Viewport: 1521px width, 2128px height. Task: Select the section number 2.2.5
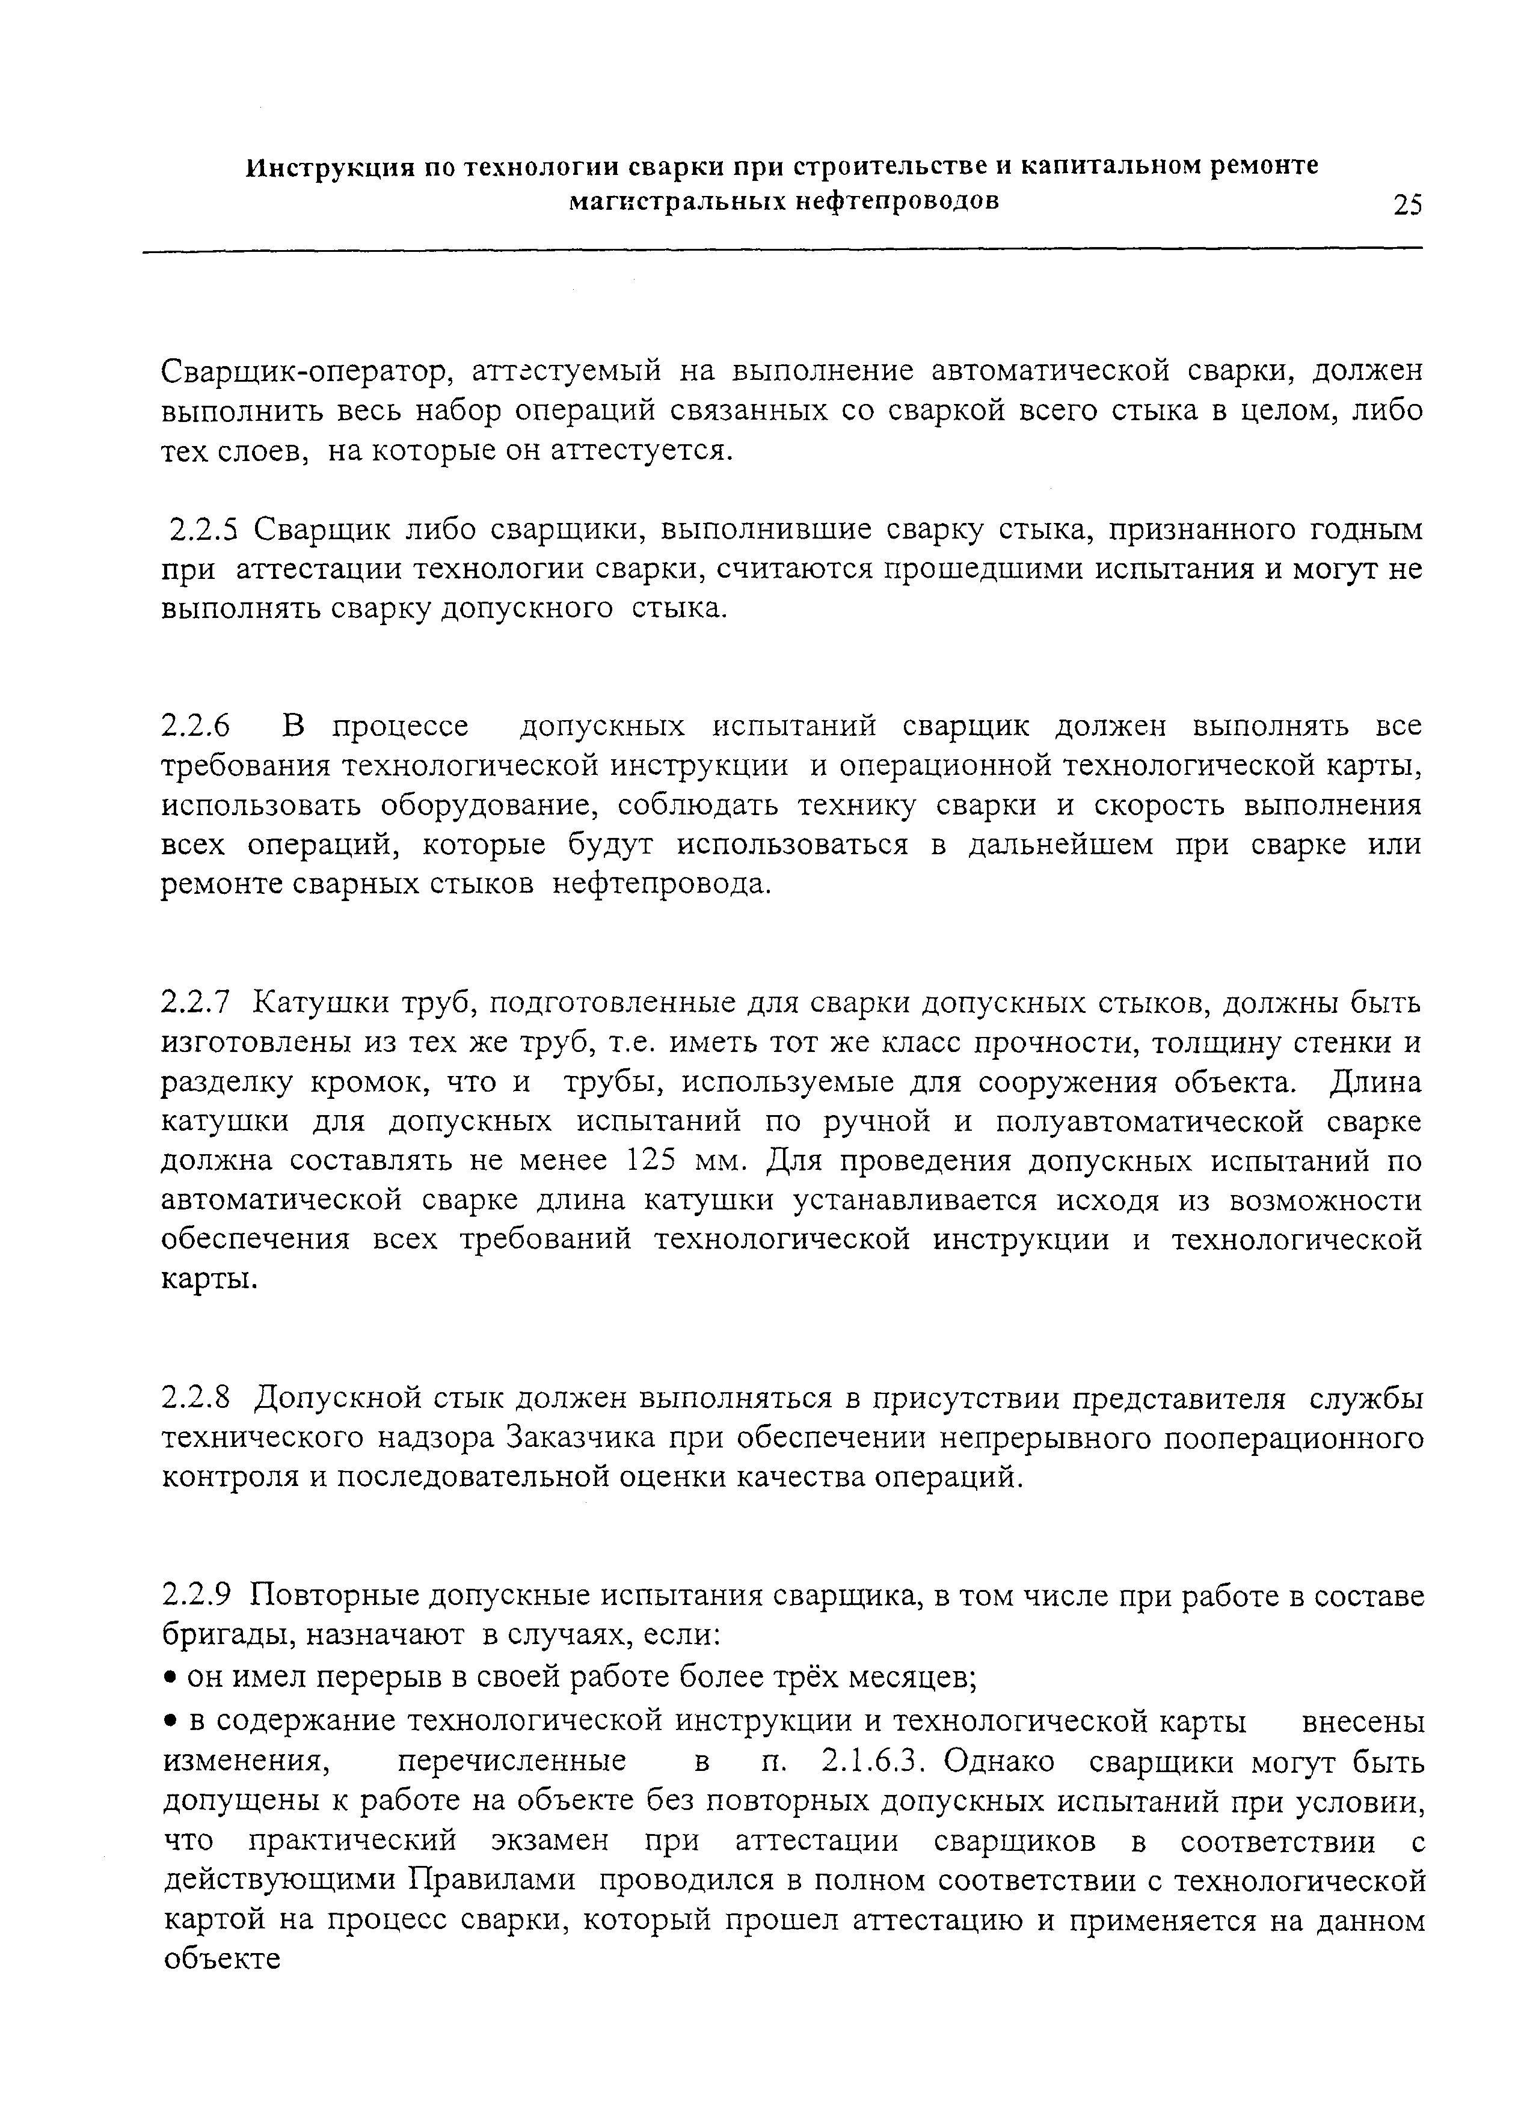pos(201,530)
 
